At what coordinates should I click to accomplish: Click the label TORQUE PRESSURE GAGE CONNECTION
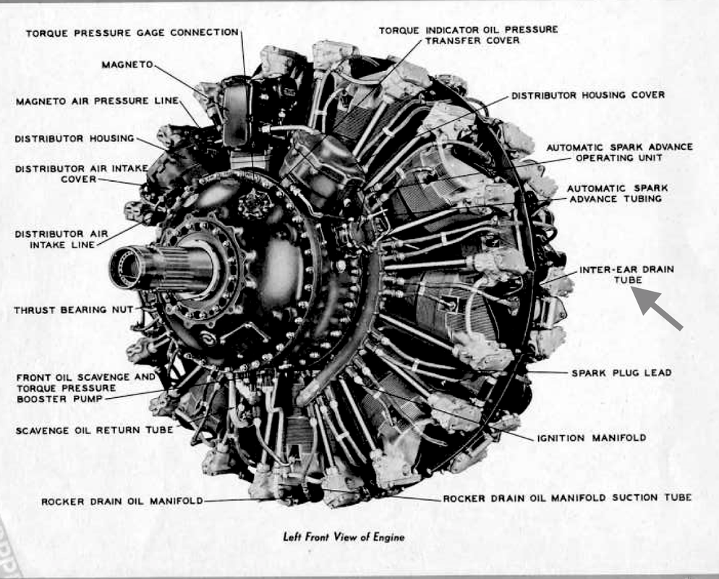click(x=132, y=33)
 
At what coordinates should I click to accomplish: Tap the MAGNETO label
click(x=127, y=64)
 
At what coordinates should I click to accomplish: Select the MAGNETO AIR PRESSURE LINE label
click(x=97, y=101)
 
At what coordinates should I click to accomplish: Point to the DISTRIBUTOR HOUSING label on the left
click(x=75, y=138)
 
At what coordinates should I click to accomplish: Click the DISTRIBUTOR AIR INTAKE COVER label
click(x=81, y=174)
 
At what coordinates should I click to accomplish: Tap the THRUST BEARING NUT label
click(x=73, y=310)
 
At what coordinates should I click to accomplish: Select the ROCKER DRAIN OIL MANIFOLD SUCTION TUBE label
click(x=567, y=498)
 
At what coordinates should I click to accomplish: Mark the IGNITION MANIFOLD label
click(x=591, y=438)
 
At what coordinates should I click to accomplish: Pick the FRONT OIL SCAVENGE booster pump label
click(x=85, y=387)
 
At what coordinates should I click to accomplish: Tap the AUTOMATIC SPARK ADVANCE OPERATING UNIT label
click(x=619, y=151)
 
